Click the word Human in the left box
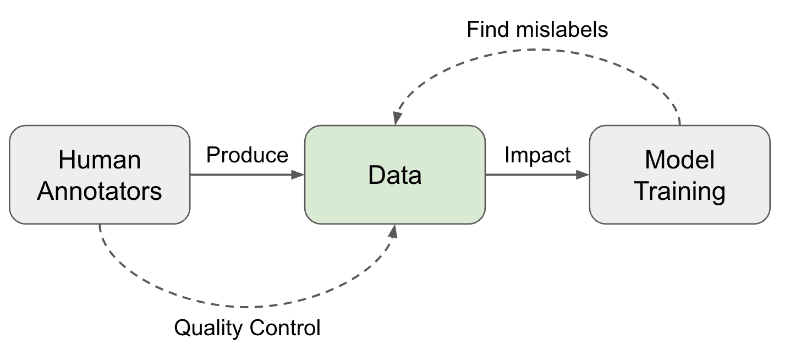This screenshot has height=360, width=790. click(100, 160)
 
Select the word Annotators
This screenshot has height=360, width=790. click(100, 191)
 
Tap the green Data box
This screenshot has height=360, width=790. click(395, 174)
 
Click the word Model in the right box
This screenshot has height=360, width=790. click(679, 160)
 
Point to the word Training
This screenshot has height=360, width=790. click(679, 192)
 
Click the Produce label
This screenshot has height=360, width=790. click(247, 155)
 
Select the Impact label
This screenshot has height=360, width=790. click(537, 155)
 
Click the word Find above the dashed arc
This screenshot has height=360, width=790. click(489, 29)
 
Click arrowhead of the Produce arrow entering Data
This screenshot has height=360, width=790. click(299, 174)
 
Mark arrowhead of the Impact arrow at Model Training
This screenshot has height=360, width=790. click(583, 174)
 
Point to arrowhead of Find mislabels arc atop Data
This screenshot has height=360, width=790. click(396, 119)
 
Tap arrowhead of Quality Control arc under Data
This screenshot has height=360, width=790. click(393, 230)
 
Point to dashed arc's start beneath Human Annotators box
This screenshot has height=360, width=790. click(100, 227)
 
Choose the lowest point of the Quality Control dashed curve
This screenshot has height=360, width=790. click(242, 307)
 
